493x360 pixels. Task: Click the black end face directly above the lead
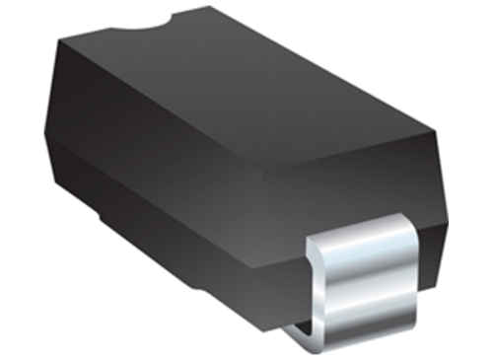point(355,192)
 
